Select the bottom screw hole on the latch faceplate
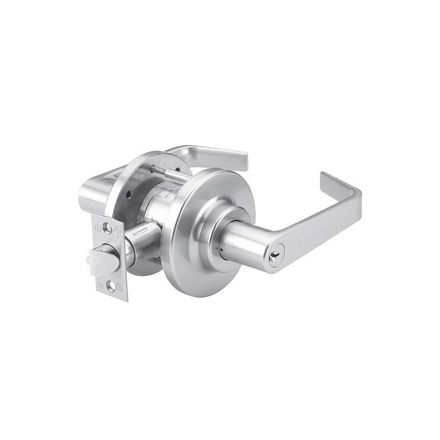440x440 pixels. pyautogui.click(x=111, y=287)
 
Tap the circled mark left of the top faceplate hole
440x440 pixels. pyautogui.click(x=98, y=228)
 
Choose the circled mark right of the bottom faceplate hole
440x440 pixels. pyautogui.click(x=121, y=287)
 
